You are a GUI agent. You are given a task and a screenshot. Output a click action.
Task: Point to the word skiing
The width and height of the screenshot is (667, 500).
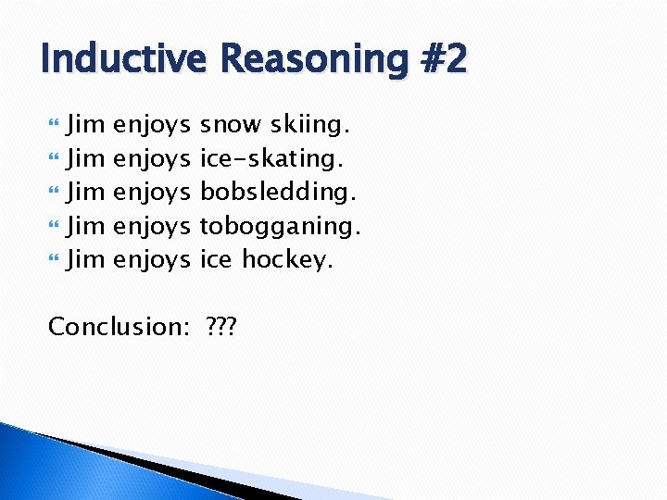[308, 125]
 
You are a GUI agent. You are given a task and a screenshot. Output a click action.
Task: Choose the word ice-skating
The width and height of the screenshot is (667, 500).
[271, 159]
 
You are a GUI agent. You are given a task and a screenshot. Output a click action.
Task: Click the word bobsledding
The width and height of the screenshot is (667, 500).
[278, 193]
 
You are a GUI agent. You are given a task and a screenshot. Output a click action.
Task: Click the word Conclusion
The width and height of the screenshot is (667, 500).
[113, 327]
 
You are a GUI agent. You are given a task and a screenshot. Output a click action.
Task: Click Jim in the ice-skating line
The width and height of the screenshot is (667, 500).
[86, 159]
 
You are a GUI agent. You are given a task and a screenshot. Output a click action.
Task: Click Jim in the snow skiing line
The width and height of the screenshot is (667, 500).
[86, 125]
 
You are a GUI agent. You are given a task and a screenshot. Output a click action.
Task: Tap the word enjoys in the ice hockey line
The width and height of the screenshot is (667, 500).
[151, 260]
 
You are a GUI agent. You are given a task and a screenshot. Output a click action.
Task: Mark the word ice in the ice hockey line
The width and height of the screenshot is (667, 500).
[216, 260]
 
